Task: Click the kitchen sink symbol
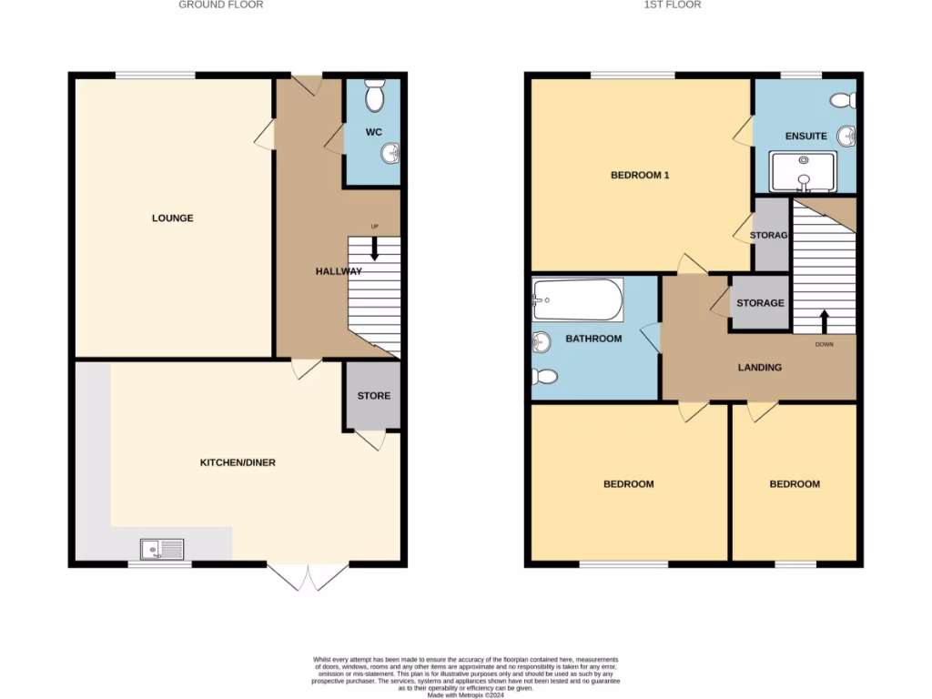click(x=162, y=549)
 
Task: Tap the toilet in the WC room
click(x=374, y=95)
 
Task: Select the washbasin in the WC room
click(x=391, y=153)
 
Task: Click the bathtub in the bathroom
click(x=578, y=299)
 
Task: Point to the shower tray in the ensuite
click(x=802, y=171)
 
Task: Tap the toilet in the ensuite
click(x=842, y=99)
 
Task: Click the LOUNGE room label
click(x=172, y=218)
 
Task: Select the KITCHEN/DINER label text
click(x=238, y=463)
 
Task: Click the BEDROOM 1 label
click(x=639, y=176)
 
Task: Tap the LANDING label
click(x=759, y=368)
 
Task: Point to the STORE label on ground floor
click(x=373, y=396)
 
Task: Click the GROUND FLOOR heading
click(x=220, y=5)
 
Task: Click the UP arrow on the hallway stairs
click(x=374, y=248)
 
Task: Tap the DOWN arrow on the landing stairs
click(x=825, y=321)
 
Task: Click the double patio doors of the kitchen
click(x=308, y=575)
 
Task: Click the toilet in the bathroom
click(x=543, y=376)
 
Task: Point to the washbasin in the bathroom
click(x=542, y=342)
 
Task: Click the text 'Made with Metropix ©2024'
click(x=465, y=694)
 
